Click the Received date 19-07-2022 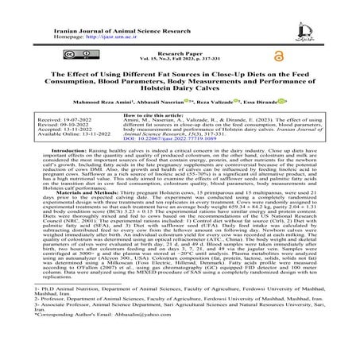pyautogui.click(x=64, y=141)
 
